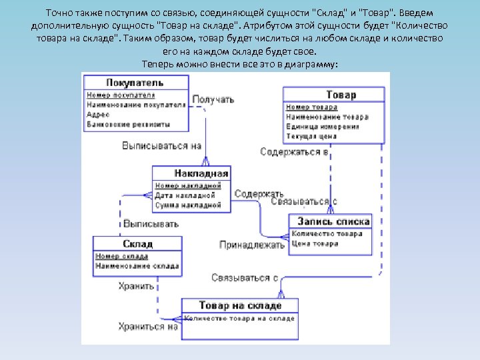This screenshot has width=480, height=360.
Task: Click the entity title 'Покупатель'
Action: (135, 83)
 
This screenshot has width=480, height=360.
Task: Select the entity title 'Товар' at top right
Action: (341, 95)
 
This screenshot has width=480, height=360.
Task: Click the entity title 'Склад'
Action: (137, 245)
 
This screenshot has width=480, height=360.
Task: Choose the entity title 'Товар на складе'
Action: (240, 306)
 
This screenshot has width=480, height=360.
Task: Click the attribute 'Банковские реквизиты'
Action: (129, 124)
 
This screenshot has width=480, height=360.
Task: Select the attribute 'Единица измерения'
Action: (323, 127)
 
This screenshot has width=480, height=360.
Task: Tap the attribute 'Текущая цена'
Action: (312, 136)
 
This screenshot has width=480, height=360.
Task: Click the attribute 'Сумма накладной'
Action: (188, 205)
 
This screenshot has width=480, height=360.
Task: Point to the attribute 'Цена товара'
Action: (315, 243)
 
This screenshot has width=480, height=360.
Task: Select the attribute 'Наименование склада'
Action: (137, 266)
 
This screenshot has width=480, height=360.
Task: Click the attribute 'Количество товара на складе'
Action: (239, 319)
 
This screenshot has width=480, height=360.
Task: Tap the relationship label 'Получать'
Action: (213, 100)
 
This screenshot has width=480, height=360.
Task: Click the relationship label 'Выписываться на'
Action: (161, 145)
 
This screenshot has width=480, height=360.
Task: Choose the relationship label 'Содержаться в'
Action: (294, 152)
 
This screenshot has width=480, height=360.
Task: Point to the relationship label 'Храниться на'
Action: (148, 327)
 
